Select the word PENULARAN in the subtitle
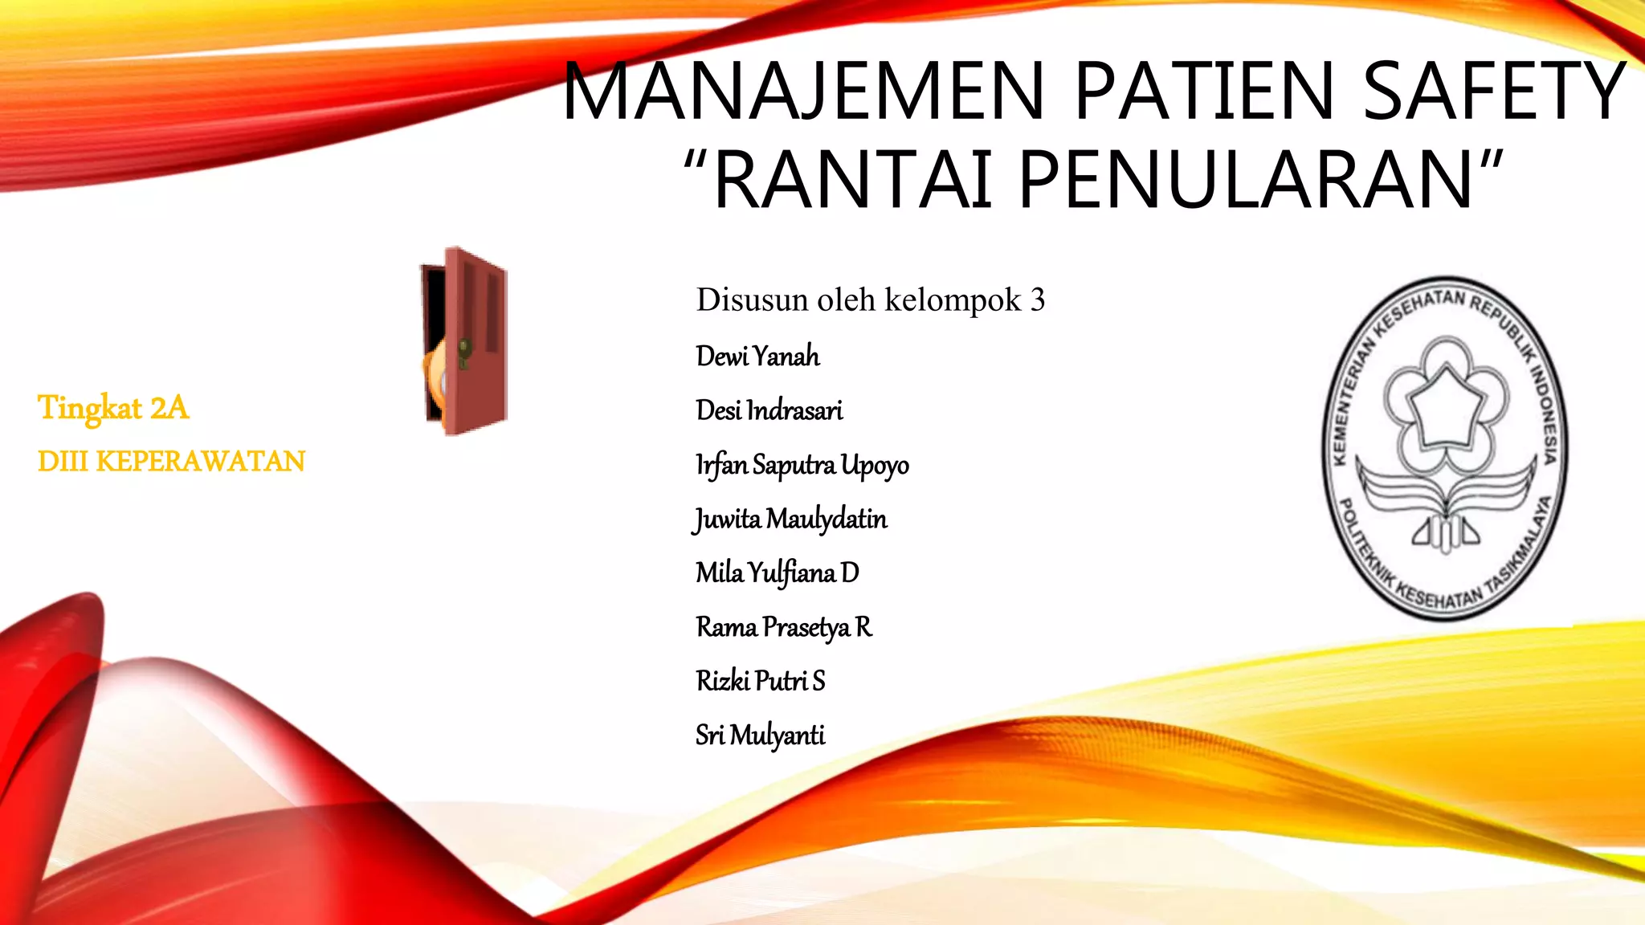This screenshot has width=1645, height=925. point(1245,180)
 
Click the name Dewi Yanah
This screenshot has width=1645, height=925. point(757,356)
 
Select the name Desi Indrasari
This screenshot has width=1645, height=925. point(769,410)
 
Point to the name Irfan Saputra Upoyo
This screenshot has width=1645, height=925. point(802,465)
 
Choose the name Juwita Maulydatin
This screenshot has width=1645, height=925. point(790,519)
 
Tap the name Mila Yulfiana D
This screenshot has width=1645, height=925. point(777,573)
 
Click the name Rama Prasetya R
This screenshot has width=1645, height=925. point(783,626)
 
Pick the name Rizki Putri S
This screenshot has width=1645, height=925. point(760,681)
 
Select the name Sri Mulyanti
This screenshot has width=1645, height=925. point(760,735)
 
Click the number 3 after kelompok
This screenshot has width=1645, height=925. point(1038,300)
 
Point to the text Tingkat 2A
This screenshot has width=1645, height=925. point(113,408)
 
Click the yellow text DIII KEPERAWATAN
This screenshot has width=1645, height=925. point(171,462)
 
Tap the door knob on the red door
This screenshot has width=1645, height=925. point(464,348)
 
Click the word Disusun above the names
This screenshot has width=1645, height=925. point(752,300)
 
